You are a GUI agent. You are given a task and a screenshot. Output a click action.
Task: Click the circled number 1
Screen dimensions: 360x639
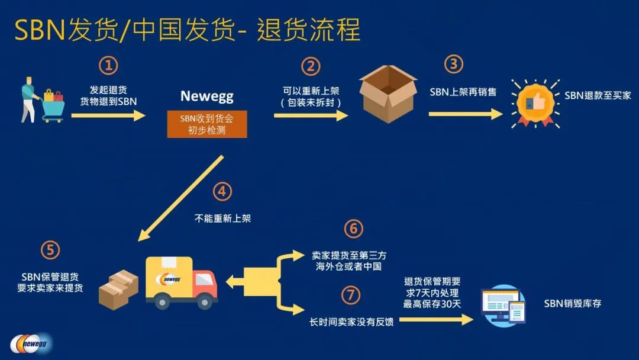pos(108,65)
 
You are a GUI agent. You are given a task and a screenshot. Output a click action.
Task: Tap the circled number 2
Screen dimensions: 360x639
pos(311,66)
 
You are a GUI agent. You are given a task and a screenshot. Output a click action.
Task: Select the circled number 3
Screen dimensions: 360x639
pos(453,64)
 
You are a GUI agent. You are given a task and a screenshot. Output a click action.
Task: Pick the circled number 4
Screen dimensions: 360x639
pos(222,191)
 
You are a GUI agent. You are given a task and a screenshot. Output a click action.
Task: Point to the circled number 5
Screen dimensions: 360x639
pos(50,250)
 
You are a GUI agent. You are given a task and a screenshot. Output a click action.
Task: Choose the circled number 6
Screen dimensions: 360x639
pos(353,229)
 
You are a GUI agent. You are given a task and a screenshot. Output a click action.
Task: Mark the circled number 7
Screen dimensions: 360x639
pos(351,294)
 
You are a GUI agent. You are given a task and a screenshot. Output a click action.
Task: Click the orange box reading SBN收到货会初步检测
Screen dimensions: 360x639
pos(207,124)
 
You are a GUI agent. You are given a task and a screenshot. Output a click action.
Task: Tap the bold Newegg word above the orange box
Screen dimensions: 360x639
pos(207,96)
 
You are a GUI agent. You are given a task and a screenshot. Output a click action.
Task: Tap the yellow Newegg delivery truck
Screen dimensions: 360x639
pos(180,282)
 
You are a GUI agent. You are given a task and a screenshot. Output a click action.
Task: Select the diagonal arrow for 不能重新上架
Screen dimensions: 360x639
pos(180,198)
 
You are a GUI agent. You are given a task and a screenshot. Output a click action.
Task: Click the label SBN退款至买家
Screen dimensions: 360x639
pos(598,95)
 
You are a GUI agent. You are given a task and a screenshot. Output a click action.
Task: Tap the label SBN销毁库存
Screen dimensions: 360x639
pos(573,304)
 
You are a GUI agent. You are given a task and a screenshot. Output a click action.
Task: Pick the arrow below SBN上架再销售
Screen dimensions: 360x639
pos(465,114)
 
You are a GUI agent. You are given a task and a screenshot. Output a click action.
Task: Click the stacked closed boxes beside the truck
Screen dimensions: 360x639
pos(118,289)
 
